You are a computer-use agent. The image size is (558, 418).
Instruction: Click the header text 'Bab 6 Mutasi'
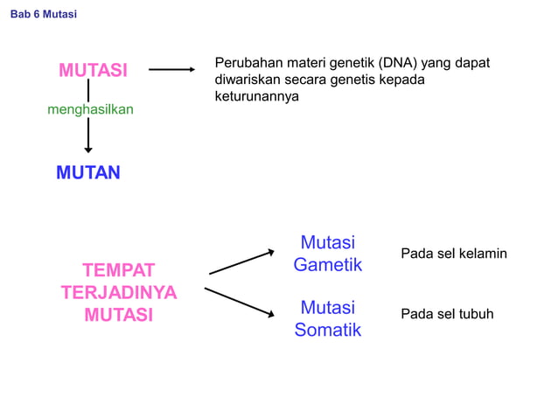(x=43, y=15)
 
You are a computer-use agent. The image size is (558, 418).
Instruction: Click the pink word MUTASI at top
(x=94, y=70)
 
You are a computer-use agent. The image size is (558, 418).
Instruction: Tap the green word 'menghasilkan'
(x=90, y=110)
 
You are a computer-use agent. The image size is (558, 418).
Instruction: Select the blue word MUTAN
(x=88, y=173)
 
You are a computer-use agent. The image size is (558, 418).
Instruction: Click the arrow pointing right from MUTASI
(x=171, y=70)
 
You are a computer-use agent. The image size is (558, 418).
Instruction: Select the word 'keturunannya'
(x=256, y=96)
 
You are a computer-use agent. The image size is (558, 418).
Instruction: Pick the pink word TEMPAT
(x=118, y=269)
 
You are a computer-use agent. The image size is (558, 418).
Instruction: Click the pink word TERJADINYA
(x=118, y=292)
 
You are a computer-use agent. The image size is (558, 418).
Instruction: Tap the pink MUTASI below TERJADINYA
(x=118, y=315)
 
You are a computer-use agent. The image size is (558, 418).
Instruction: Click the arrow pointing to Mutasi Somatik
(x=240, y=302)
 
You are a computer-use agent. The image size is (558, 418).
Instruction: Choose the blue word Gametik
(x=327, y=264)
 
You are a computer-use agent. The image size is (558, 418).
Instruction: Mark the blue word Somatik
(x=327, y=330)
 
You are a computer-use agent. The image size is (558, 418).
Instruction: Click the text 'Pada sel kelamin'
(x=453, y=254)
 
